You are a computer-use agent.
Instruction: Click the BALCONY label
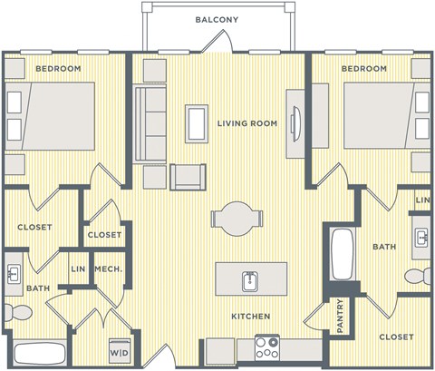tap(217, 20)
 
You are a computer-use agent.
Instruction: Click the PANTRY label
tap(339, 315)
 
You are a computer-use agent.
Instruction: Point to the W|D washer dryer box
tap(119, 352)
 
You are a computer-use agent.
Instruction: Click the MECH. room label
tap(110, 268)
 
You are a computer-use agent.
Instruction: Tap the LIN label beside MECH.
tap(80, 268)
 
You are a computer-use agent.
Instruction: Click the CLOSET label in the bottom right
tap(396, 337)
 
